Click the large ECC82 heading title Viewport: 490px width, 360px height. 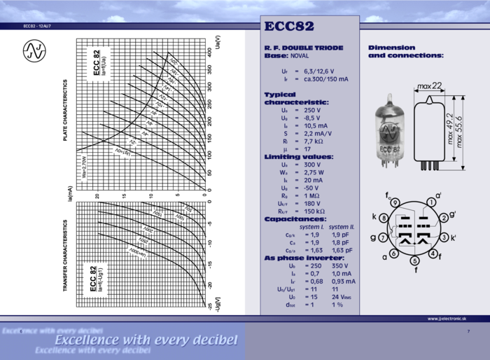[289, 27]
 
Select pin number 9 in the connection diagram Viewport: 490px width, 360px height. [395, 202]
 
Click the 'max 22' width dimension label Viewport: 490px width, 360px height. [430, 85]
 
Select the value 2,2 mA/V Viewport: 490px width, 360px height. [318, 133]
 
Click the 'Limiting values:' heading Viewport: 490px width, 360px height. [298, 156]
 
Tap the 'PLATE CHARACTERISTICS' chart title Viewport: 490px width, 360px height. [66, 110]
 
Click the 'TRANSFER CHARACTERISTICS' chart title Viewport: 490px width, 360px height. [66, 255]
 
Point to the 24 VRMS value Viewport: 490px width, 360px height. [342, 296]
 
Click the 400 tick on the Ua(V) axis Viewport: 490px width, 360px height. [209, 52]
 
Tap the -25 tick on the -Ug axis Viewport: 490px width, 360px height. [209, 305]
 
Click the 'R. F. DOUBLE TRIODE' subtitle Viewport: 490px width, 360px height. [303, 48]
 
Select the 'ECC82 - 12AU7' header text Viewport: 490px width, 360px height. [37, 26]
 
